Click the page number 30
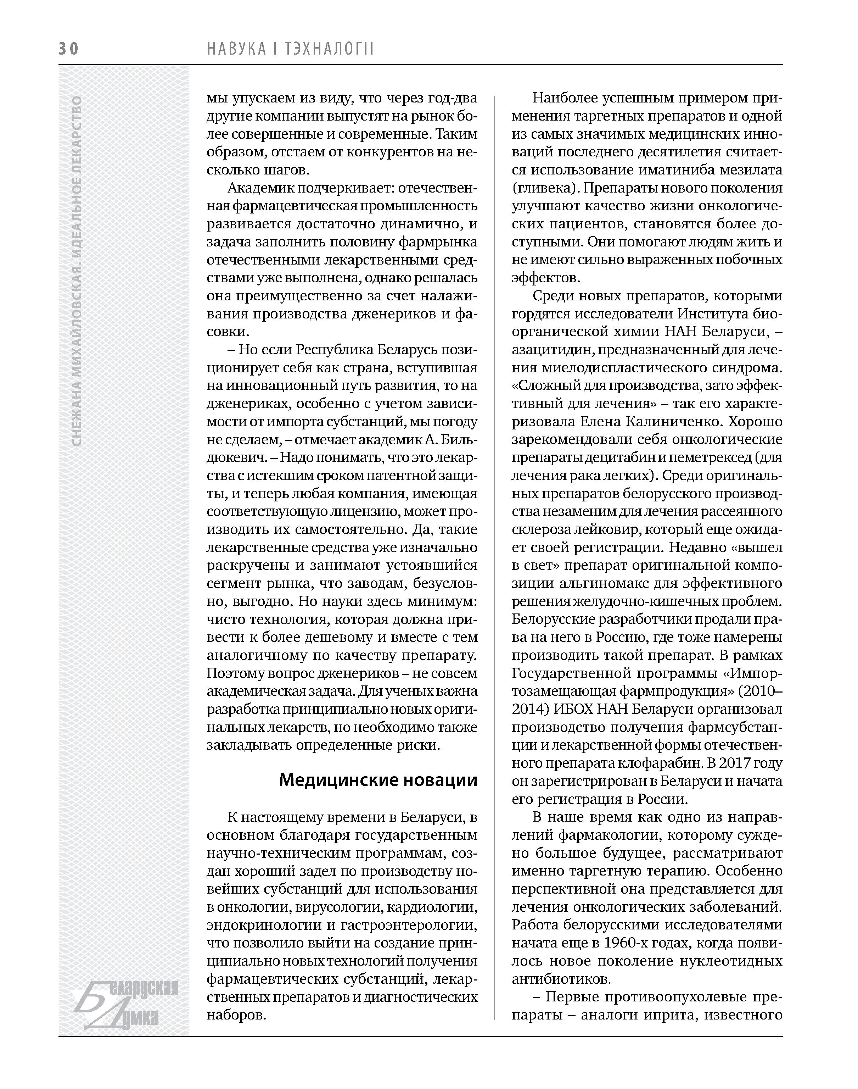(x=69, y=49)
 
